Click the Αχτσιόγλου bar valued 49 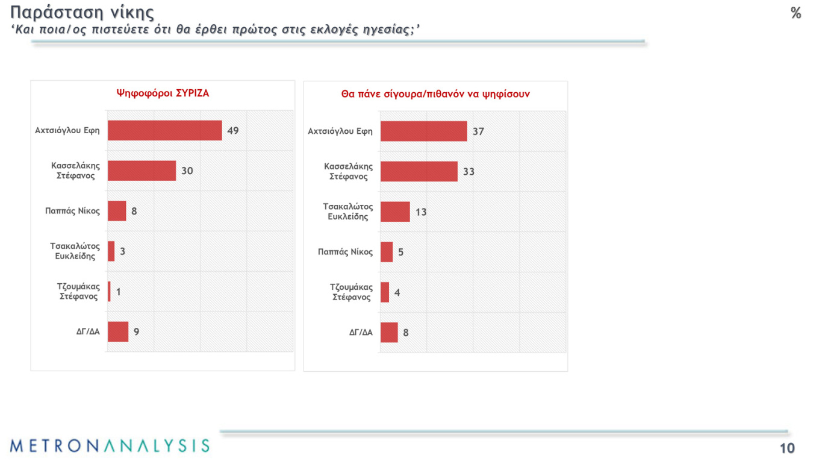164,130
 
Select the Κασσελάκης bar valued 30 142,171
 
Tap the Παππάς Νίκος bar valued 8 117,211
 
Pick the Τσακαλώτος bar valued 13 395,212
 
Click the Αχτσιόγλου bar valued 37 423,131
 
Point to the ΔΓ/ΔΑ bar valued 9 118,331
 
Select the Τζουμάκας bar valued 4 385,292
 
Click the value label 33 469,172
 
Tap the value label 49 232,130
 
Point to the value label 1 119,292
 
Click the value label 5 400,252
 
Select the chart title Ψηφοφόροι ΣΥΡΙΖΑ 163,93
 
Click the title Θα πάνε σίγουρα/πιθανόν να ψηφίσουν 435,94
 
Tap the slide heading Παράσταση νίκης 83,12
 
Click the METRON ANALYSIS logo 110,446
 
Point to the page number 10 787,448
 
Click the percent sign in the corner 796,13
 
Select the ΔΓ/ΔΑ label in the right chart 361,332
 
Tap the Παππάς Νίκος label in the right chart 345,252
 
